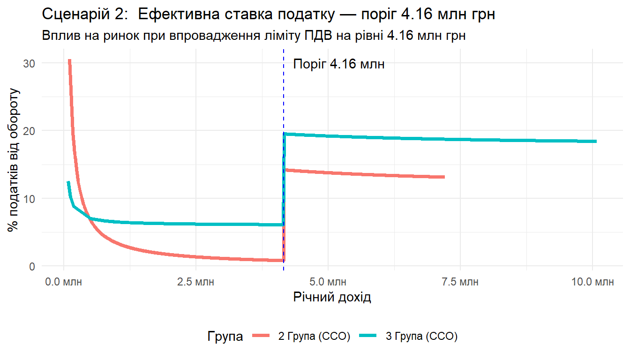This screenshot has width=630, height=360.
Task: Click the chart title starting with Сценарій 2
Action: coord(269,15)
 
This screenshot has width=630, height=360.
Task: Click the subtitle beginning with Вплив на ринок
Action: coord(254,36)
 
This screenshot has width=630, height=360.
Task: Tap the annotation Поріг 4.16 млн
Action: coord(338,64)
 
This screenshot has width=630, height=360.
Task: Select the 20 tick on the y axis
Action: coord(29,130)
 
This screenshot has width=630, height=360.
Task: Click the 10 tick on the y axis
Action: coord(29,198)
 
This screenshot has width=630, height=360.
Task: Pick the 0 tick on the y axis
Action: coord(32,266)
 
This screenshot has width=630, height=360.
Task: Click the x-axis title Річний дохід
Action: coord(332,297)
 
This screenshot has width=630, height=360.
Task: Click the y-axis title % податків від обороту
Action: coord(14,159)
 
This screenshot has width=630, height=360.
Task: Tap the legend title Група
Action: coord(225,337)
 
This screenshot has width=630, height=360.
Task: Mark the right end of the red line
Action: coord(443,177)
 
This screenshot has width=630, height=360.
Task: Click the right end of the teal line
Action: coord(596,141)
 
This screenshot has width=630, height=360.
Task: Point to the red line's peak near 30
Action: coord(69,61)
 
